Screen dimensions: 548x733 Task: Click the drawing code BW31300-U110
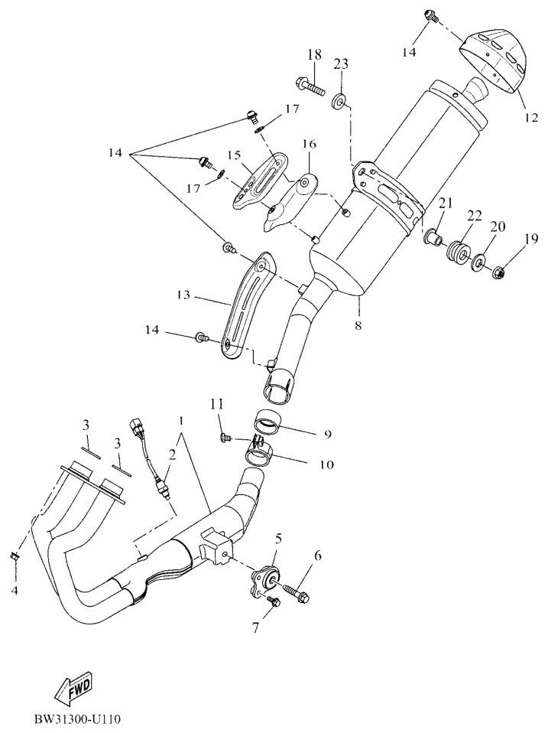[77, 718]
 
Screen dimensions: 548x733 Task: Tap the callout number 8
[358, 325]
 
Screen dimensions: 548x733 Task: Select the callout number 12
[530, 117]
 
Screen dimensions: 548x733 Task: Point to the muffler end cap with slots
[496, 59]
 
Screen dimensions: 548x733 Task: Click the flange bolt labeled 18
[310, 87]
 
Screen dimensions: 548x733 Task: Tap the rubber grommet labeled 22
[458, 254]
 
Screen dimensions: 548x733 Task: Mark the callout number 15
[235, 155]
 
